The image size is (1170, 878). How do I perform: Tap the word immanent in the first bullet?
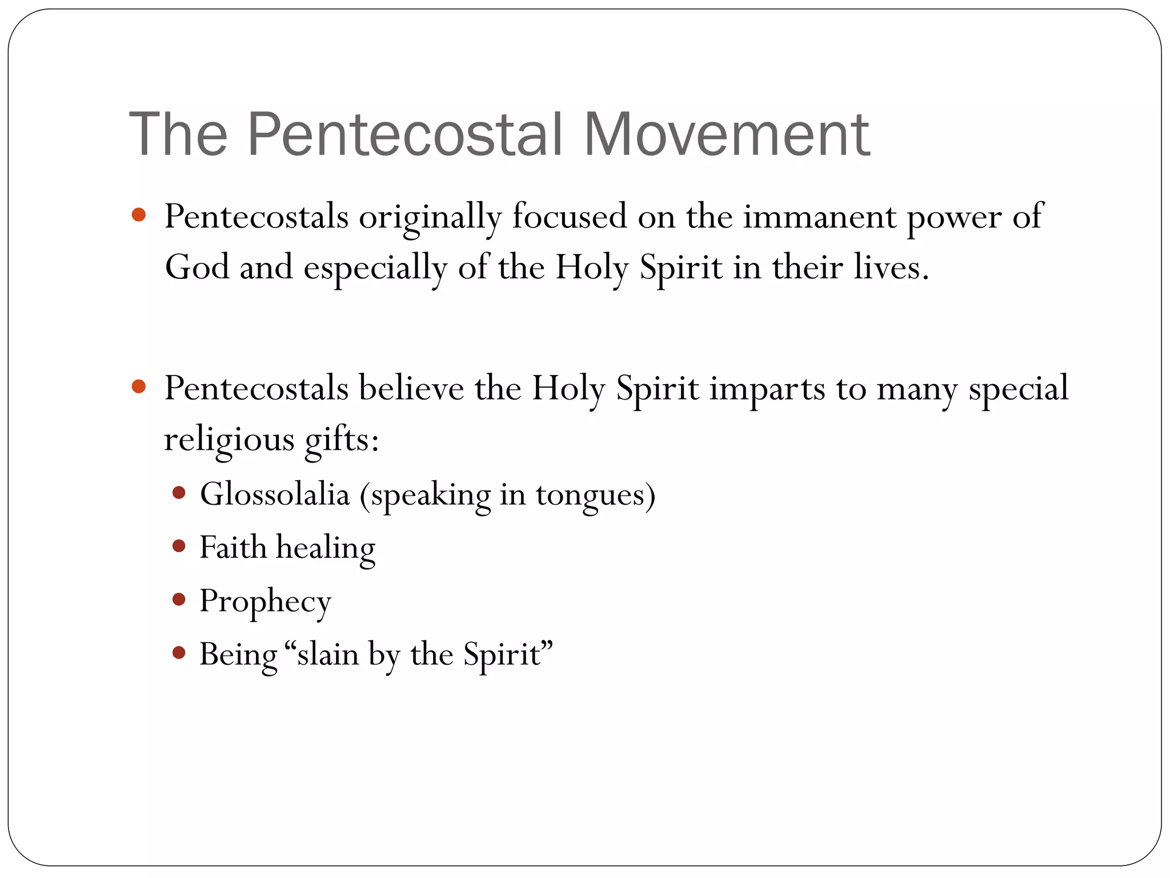click(x=819, y=217)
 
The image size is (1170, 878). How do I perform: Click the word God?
click(x=197, y=268)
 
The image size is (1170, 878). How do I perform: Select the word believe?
click(x=411, y=389)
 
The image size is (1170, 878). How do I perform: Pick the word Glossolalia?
click(x=274, y=494)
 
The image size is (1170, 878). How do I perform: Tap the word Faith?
click(x=233, y=547)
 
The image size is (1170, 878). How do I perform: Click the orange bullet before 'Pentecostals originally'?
click(x=138, y=215)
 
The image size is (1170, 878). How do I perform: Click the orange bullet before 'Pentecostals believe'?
click(x=138, y=387)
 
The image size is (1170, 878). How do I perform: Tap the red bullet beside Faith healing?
click(x=179, y=546)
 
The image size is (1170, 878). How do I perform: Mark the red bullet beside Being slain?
click(x=179, y=652)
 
